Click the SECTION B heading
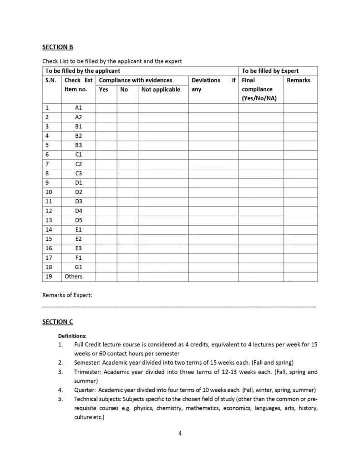click(x=57, y=47)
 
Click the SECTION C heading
click(x=57, y=322)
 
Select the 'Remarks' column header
click(x=299, y=80)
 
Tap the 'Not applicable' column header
click(x=161, y=90)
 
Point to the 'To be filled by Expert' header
click(x=270, y=71)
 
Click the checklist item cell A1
click(x=78, y=108)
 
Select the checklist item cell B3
click(x=78, y=145)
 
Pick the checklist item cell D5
click(x=78, y=220)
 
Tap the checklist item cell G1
click(x=78, y=267)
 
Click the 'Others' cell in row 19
click(x=74, y=276)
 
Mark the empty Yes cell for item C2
click(x=106, y=164)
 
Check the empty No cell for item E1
click(x=127, y=230)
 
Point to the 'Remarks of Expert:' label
click(x=67, y=295)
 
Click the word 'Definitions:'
click(x=72, y=336)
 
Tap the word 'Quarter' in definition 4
click(x=85, y=390)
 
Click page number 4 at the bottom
click(x=180, y=433)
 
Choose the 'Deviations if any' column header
click(x=213, y=85)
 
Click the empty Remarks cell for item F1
click(x=300, y=258)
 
